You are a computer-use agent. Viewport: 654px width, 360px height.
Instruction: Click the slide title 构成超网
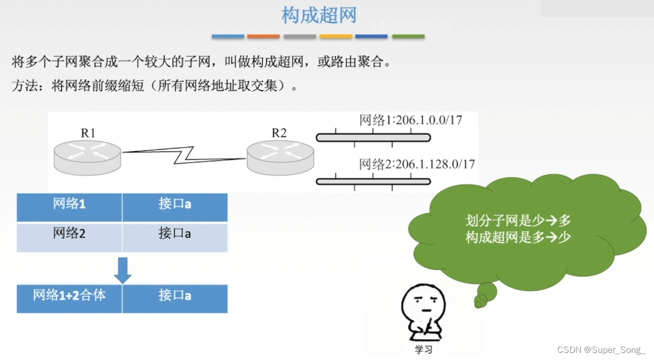(x=319, y=15)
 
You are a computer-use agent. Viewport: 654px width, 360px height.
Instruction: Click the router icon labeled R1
(x=87, y=157)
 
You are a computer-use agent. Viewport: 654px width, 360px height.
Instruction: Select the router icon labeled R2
(x=280, y=157)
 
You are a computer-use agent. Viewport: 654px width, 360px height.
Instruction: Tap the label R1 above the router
(x=88, y=133)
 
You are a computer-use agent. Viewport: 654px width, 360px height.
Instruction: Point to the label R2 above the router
(x=279, y=133)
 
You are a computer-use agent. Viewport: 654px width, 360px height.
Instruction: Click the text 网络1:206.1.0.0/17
(x=410, y=120)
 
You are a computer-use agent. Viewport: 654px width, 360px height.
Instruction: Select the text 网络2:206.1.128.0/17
(x=417, y=163)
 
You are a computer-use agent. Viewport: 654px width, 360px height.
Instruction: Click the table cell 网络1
(x=69, y=205)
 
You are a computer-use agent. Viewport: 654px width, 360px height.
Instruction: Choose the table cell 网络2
(x=69, y=234)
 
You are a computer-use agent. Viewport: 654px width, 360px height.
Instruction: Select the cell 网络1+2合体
(x=69, y=296)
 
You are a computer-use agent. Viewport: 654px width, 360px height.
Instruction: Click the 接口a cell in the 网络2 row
(x=175, y=234)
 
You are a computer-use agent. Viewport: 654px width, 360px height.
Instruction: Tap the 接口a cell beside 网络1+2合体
(x=175, y=296)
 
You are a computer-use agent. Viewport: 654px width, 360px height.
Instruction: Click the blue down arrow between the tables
(x=122, y=270)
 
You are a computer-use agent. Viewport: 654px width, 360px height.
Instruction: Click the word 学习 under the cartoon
(x=423, y=349)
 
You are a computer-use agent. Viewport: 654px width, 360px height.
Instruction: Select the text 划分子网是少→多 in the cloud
(x=518, y=221)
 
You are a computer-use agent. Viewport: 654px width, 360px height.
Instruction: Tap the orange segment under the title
(x=263, y=37)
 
